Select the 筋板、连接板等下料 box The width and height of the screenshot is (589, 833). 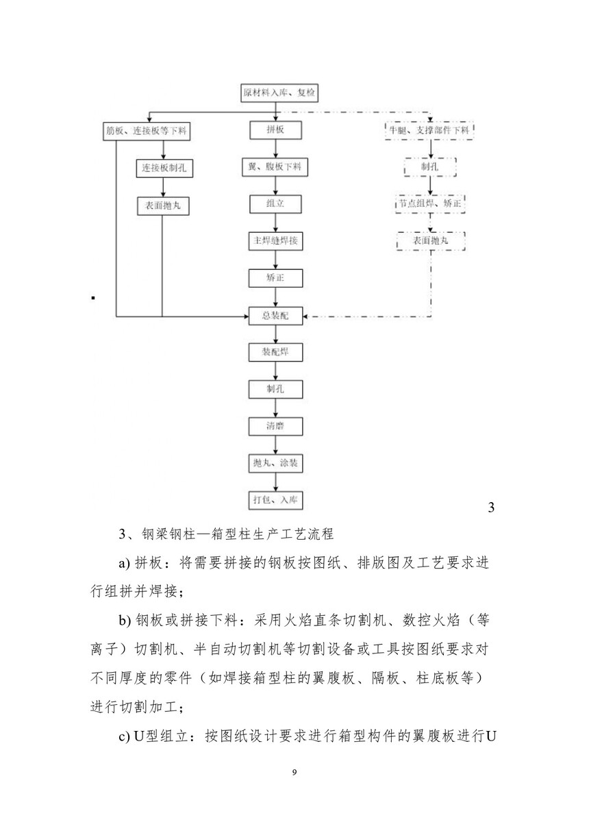click(x=143, y=130)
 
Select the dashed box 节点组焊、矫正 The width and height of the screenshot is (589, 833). click(x=429, y=203)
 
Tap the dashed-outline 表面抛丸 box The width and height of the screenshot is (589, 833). click(x=429, y=241)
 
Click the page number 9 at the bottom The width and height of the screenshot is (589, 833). click(x=294, y=773)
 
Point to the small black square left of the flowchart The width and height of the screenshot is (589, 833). click(x=92, y=298)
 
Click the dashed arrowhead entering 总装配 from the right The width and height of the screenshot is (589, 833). click(x=308, y=316)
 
